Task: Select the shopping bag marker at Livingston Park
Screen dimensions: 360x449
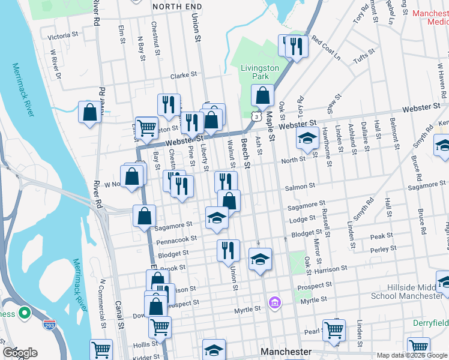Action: click(x=263, y=95)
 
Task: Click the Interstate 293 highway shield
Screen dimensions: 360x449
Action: click(x=50, y=326)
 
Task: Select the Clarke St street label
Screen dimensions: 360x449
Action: click(x=183, y=75)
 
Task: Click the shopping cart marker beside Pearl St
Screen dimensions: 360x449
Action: click(x=334, y=329)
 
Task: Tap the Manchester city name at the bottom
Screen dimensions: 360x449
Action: click(x=286, y=351)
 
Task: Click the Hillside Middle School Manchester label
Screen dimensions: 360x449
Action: click(x=406, y=292)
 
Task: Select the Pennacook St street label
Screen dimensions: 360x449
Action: click(x=176, y=239)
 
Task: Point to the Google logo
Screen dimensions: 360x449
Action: click(x=20, y=352)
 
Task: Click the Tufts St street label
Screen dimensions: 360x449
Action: click(x=364, y=56)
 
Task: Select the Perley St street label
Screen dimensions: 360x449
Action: click(x=384, y=248)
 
